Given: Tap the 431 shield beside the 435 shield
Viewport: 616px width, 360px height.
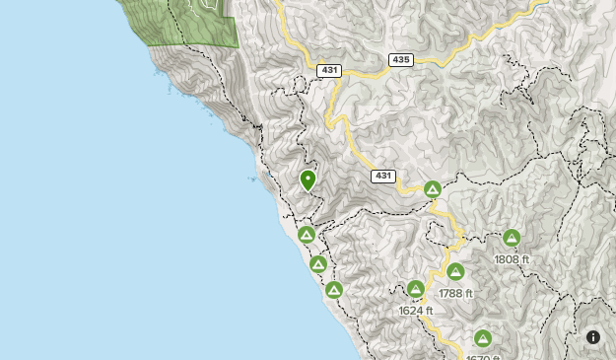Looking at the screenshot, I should point(329,70).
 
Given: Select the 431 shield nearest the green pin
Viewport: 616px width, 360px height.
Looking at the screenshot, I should point(383,176).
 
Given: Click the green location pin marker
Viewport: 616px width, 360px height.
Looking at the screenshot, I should point(308,180).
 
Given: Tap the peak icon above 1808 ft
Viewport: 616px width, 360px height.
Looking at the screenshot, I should point(512,238).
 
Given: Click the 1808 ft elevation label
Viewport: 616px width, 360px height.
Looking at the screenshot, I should point(512,259).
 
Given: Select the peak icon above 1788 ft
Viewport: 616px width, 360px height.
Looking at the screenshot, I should point(455,271).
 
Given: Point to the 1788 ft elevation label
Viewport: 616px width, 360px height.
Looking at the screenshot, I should point(455,293).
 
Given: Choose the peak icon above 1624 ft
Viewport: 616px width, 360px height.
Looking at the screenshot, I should point(416,290).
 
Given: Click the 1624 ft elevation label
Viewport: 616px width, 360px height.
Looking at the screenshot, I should point(416,311).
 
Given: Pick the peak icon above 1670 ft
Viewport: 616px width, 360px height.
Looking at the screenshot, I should point(483,337).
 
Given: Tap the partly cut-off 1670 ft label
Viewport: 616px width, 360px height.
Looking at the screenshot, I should point(483,356).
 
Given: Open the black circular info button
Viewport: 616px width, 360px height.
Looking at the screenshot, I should point(593,337).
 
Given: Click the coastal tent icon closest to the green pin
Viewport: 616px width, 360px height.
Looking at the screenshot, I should point(307,235).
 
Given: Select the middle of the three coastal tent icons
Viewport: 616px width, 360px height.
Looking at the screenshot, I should point(318,264).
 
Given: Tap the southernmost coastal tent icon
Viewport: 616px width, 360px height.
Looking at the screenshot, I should point(334,290).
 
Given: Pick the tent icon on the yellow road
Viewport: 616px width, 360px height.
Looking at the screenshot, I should point(432,189).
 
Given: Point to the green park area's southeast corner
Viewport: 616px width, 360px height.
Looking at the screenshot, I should point(237,45).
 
